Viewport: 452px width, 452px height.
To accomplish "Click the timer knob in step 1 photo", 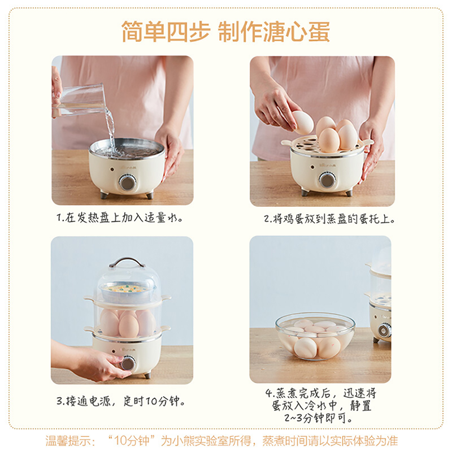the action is [x=128, y=182].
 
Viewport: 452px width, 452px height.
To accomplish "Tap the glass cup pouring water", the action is [x=79, y=99].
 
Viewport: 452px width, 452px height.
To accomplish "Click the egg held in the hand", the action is [x=302, y=123].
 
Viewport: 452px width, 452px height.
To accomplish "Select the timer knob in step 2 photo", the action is [x=327, y=180].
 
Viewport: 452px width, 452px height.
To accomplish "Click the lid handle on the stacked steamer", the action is [x=127, y=262].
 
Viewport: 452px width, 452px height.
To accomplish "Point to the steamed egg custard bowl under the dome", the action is [x=127, y=291].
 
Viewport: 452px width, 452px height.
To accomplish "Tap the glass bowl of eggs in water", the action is [x=315, y=336].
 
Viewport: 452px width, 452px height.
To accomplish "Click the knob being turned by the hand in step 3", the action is [x=128, y=363].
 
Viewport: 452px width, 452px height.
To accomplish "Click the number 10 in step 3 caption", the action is [x=151, y=401].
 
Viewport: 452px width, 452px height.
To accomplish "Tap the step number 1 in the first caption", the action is [x=59, y=218].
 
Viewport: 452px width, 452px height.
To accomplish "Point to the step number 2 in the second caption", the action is [x=267, y=219].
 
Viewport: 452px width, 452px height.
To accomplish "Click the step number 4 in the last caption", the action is [x=268, y=393].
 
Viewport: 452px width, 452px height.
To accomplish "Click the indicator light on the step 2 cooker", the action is [x=312, y=167].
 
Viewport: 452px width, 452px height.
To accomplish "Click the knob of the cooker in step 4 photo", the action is [x=384, y=330].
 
